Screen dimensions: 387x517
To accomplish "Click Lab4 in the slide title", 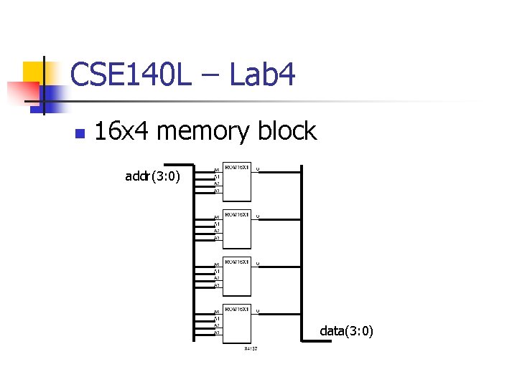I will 262,75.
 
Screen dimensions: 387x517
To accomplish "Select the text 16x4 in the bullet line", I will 121,131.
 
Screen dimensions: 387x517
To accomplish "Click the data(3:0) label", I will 346,331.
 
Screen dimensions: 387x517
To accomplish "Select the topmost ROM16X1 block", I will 237,182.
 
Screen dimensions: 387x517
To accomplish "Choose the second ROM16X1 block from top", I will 237,229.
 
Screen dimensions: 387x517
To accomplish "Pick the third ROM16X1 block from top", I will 237,276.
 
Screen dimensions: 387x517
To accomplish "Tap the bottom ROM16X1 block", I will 237,323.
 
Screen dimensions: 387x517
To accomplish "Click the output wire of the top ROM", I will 280,172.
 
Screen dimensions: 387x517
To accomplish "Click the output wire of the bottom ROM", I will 280,313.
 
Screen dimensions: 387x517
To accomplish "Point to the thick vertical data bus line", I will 302,251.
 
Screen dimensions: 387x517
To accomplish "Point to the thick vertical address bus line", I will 195,251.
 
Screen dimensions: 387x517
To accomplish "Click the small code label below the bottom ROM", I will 250,349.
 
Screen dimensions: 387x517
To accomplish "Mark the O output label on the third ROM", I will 258,264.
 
